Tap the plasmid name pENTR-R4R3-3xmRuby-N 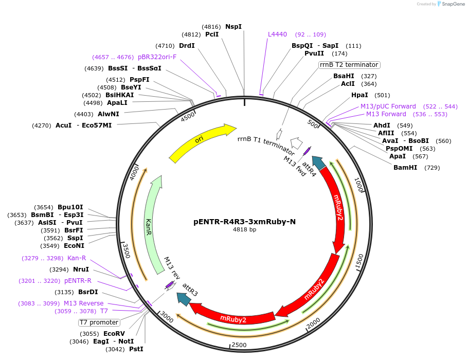(244, 222)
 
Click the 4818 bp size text (244, 230)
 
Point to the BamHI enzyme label (405, 168)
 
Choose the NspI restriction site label (233, 27)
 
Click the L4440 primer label (277, 34)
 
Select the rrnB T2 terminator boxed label (349, 65)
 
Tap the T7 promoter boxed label (99, 322)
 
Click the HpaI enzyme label (360, 95)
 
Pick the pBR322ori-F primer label (157, 57)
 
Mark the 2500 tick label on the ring (239, 345)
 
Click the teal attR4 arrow (319, 163)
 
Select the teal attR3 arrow (183, 298)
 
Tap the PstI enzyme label (136, 349)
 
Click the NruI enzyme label (81, 269)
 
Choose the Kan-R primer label (77, 258)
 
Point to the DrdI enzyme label (187, 46)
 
